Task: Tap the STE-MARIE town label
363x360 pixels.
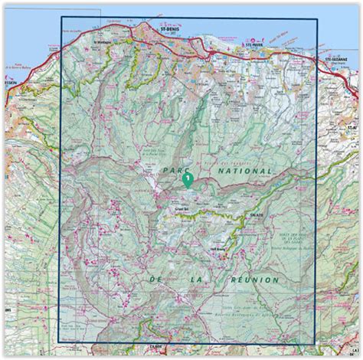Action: tap(253, 44)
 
